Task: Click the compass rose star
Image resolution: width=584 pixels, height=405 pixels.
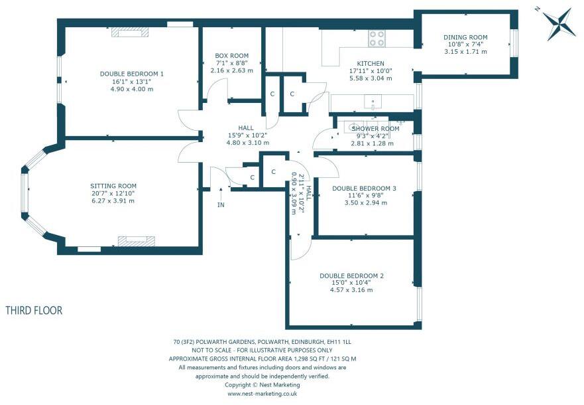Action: click(x=557, y=24)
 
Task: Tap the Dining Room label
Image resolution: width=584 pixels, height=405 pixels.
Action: click(x=465, y=37)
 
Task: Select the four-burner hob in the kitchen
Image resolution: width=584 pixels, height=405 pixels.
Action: click(x=377, y=39)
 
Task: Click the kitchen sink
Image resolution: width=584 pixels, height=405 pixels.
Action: click(x=373, y=102)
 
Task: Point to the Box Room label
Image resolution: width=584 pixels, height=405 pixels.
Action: click(x=231, y=56)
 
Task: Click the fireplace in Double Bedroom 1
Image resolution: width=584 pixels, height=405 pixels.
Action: click(x=130, y=32)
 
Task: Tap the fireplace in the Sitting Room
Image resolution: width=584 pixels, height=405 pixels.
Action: click(x=137, y=241)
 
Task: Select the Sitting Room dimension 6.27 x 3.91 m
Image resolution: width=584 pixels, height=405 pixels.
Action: click(x=113, y=201)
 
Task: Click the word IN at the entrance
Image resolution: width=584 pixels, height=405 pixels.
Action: click(x=221, y=204)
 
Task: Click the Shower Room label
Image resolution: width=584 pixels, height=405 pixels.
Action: click(x=375, y=129)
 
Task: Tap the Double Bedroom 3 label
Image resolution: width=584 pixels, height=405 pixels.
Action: click(x=364, y=189)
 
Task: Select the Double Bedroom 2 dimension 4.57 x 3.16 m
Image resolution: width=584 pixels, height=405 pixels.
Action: click(x=351, y=289)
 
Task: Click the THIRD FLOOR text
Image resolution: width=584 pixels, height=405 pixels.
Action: click(x=34, y=310)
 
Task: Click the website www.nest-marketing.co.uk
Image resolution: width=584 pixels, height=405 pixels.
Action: click(x=263, y=394)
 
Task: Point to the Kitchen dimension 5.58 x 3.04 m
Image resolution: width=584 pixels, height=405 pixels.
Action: click(x=371, y=78)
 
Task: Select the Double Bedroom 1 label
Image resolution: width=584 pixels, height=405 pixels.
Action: click(x=132, y=74)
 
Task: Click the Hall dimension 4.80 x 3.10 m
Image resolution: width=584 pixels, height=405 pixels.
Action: click(x=248, y=143)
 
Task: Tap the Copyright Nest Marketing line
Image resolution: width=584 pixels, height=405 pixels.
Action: click(x=263, y=385)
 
